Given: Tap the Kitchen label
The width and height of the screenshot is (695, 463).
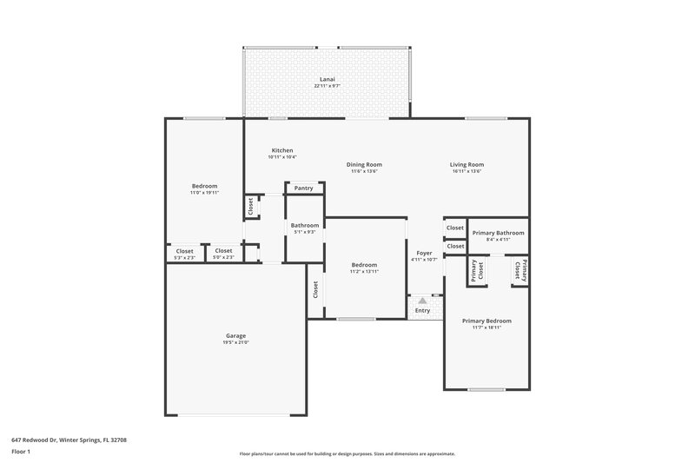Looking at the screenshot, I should (x=282, y=150).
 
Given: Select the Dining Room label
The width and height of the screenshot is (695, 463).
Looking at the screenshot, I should (x=364, y=164).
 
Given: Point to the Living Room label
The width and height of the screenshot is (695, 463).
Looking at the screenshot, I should (x=467, y=164).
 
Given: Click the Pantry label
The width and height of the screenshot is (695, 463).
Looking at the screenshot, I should (x=304, y=188).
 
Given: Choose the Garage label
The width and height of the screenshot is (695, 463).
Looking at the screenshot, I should (x=236, y=335).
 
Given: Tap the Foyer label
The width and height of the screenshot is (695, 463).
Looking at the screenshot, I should (x=424, y=253).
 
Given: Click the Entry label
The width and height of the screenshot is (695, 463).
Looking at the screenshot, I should (x=423, y=310).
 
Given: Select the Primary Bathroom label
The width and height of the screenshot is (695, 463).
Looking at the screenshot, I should (x=498, y=233).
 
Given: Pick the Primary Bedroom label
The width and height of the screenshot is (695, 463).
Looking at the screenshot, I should (x=486, y=321).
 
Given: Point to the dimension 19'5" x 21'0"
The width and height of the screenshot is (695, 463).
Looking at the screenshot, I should (x=236, y=342).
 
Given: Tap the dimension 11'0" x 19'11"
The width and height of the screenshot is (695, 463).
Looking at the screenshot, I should (x=204, y=193).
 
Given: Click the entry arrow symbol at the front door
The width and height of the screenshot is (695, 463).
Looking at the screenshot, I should (x=423, y=300).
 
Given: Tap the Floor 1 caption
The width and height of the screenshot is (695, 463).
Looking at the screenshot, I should (x=21, y=453).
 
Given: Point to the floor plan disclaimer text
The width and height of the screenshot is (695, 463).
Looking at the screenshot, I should (x=347, y=453).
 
